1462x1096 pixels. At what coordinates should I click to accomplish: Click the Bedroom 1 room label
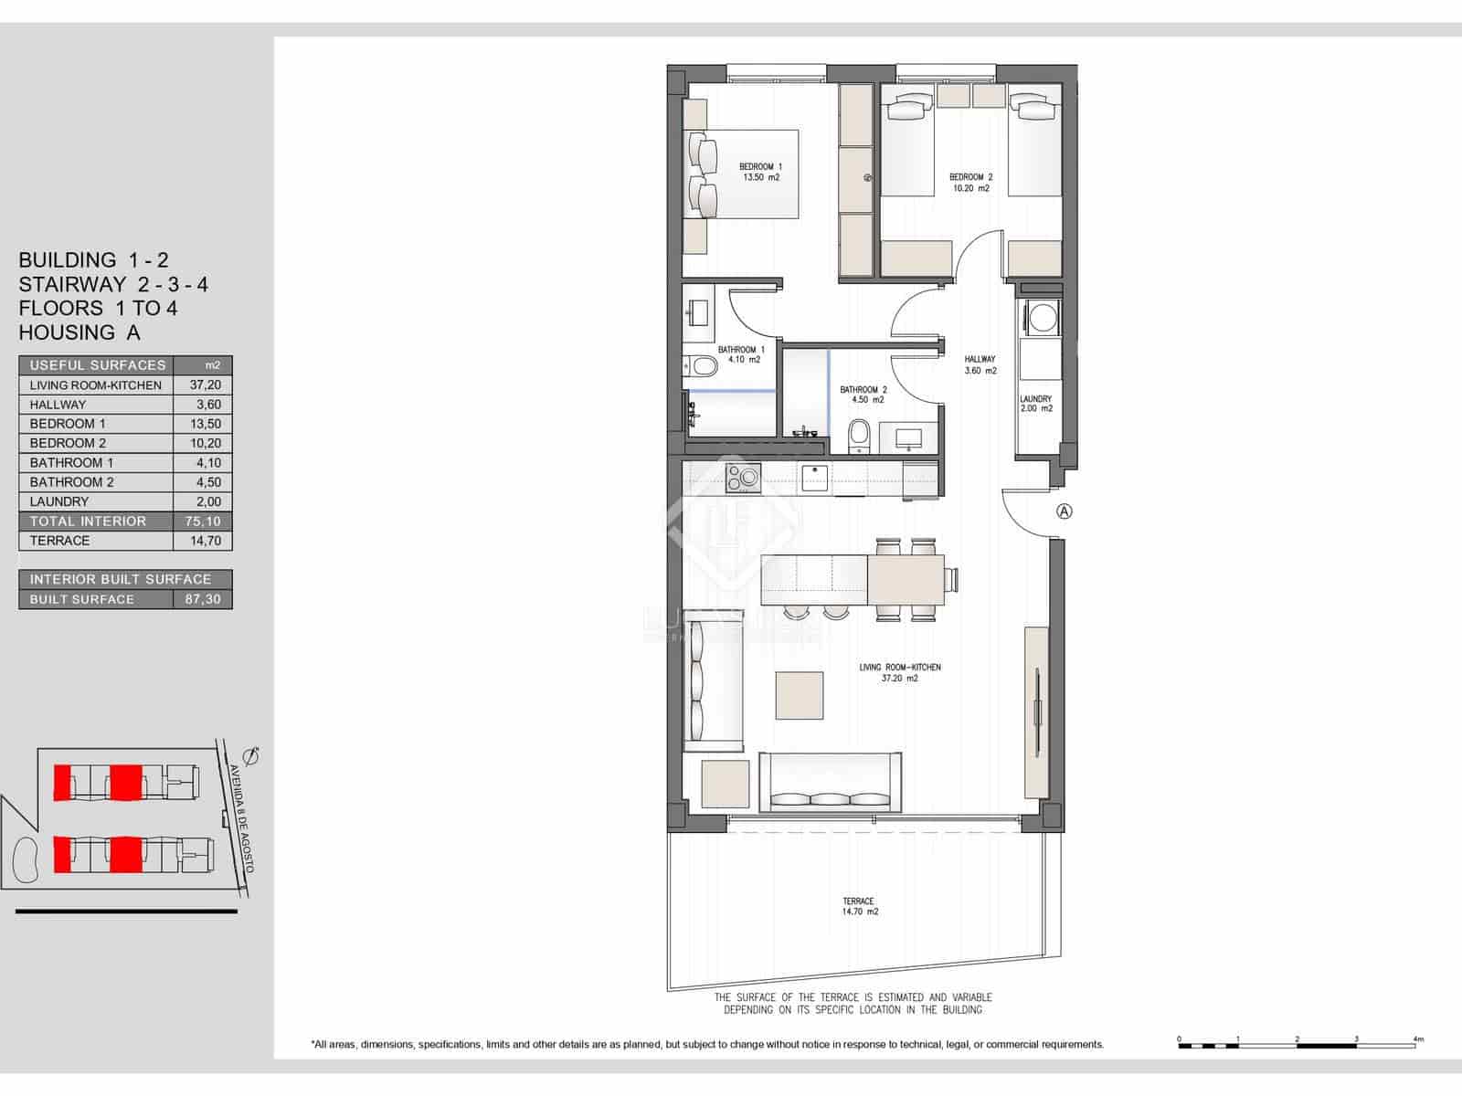[x=760, y=172]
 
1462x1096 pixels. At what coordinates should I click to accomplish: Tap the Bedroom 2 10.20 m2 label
[x=970, y=183]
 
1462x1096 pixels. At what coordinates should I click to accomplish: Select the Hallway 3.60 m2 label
[x=980, y=365]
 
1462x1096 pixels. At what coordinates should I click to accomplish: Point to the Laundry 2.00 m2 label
[x=1035, y=404]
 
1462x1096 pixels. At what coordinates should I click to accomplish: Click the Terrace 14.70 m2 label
[x=859, y=906]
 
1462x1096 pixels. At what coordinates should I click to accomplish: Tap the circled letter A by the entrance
[x=1064, y=511]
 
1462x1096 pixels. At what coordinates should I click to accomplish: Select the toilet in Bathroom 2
[x=859, y=434]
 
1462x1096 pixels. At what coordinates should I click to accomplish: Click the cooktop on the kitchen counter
[x=743, y=476]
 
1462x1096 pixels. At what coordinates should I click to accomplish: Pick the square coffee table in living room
[x=800, y=695]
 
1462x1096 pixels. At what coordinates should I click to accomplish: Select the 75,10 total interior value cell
[x=203, y=522]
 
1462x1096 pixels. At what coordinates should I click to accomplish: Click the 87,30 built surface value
[x=203, y=600]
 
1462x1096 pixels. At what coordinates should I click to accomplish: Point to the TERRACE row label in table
[x=60, y=541]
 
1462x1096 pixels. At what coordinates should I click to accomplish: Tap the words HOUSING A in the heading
[x=79, y=332]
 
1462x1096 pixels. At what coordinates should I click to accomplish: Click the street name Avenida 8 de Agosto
[x=240, y=817]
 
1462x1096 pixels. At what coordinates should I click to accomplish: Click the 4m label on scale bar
[x=1417, y=1039]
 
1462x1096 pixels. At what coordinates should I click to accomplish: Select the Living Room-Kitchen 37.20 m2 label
[x=899, y=673]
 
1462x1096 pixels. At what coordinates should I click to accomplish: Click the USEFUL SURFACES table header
[x=98, y=365]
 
